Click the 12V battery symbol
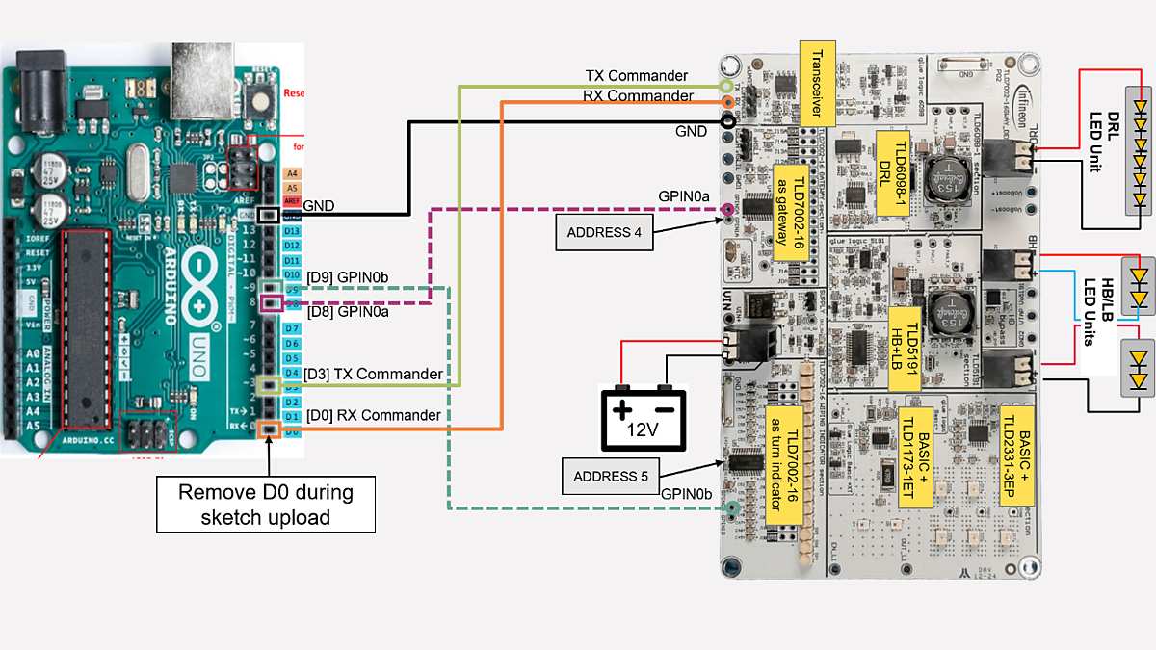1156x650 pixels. click(x=644, y=419)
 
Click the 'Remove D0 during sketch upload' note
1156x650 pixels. click(x=266, y=505)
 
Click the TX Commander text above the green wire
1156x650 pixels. click(x=636, y=75)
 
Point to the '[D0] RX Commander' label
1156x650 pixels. click(x=373, y=415)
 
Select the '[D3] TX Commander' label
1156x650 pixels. click(x=374, y=374)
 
